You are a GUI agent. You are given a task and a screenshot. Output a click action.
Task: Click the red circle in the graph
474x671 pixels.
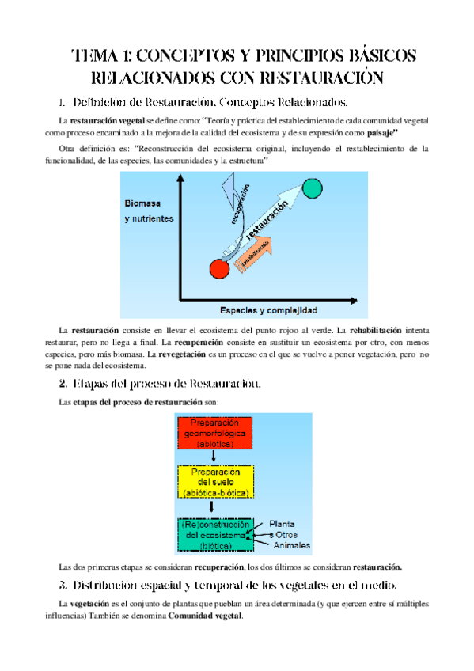pos(219,267)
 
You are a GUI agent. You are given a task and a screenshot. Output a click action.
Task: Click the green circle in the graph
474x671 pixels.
pos(313,188)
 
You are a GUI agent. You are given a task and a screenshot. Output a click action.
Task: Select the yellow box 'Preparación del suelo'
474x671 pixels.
pos(216,482)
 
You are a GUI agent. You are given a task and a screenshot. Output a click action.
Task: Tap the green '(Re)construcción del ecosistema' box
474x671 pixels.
pos(215,535)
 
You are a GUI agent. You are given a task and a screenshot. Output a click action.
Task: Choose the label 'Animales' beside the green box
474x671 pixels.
pos(292,546)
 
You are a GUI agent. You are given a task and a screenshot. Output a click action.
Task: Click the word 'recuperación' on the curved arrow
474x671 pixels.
pos(245,205)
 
